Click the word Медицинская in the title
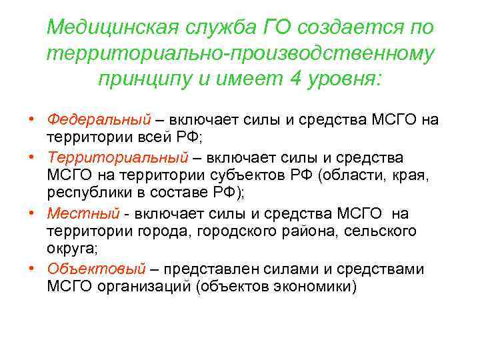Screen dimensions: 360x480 [115, 28]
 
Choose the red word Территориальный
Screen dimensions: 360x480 [118, 157]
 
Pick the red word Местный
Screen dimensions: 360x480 [83, 213]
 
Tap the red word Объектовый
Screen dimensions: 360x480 [96, 269]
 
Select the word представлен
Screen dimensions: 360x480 [212, 269]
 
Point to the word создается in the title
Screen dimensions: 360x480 [337, 28]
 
